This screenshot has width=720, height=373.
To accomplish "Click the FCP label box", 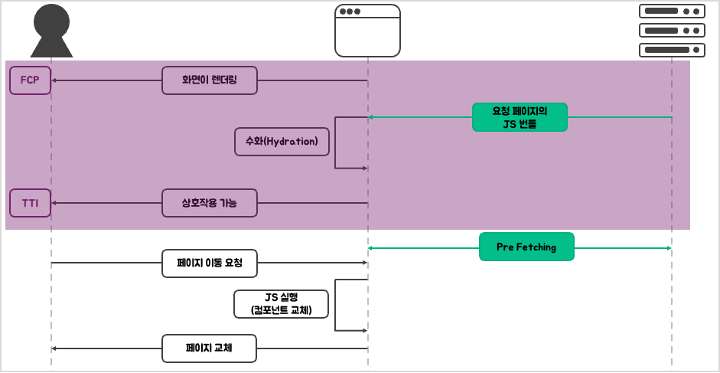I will pyautogui.click(x=30, y=80).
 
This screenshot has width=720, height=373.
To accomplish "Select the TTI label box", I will pyautogui.click(x=30, y=203).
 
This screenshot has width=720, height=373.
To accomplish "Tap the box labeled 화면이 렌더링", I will pyautogui.click(x=209, y=80).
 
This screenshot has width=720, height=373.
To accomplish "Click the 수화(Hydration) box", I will pyautogui.click(x=282, y=142).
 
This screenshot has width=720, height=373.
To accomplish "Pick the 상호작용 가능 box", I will pyautogui.click(x=209, y=203).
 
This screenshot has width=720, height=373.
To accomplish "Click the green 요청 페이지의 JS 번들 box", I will pyautogui.click(x=520, y=117).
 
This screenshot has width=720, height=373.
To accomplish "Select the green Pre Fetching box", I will pyautogui.click(x=526, y=247).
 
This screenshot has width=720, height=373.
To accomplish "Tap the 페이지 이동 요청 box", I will pyautogui.click(x=209, y=263).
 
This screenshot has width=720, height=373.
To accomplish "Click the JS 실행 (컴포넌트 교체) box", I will pyautogui.click(x=281, y=304).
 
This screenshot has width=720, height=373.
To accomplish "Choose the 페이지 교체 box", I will pyautogui.click(x=209, y=348).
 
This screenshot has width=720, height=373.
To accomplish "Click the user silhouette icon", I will pyautogui.click(x=51, y=31).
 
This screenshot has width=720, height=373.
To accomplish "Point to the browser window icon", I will pyautogui.click(x=367, y=31).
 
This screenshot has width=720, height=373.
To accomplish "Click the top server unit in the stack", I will pyautogui.click(x=672, y=11).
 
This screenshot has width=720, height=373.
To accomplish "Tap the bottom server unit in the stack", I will pyautogui.click(x=672, y=50).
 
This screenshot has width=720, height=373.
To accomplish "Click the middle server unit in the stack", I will pyautogui.click(x=672, y=31).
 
